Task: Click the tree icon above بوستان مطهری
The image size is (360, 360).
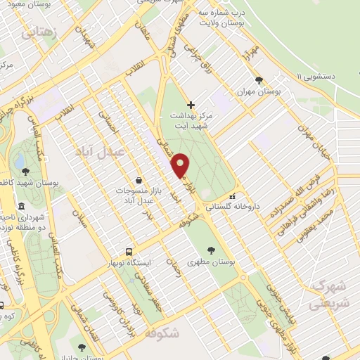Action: [x=212, y=250]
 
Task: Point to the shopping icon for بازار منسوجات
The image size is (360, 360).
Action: [x=139, y=180]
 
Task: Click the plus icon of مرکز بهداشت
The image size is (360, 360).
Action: [x=191, y=105]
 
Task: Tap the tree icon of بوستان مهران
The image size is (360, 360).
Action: [x=259, y=80]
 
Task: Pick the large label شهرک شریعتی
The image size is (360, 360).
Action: [x=327, y=295]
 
